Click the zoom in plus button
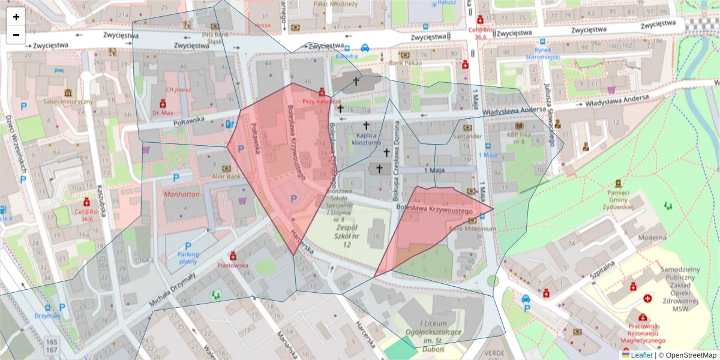(16, 17)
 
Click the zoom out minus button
(16, 35)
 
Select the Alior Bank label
(226, 176)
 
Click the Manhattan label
(181, 195)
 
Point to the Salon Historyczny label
(67, 101)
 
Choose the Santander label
(467, 136)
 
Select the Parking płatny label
(188, 257)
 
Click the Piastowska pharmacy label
(233, 265)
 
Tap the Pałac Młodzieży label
(335, 4)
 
